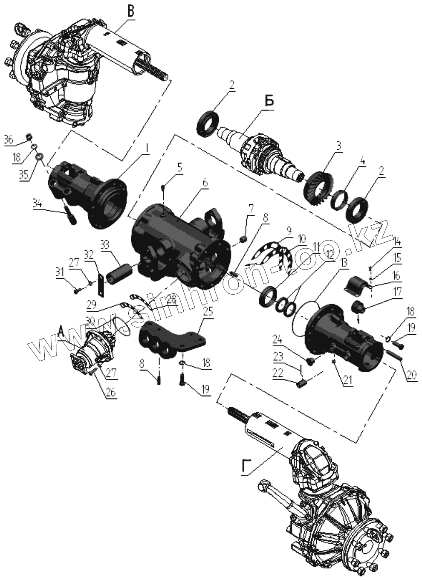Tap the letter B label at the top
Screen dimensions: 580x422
(131, 12)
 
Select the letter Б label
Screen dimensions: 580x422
(269, 101)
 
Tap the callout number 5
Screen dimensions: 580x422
(179, 167)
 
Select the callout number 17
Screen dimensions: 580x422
(397, 293)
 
